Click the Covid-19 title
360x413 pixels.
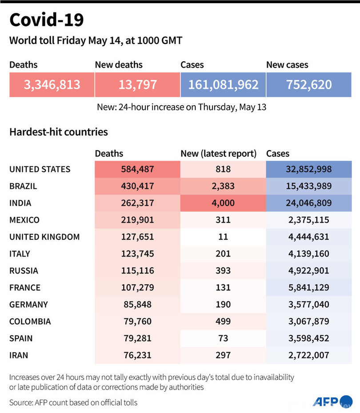tap(46, 20)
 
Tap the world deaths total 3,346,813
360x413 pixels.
tap(52, 84)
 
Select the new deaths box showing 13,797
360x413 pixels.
tap(137, 84)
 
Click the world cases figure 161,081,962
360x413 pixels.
tap(223, 84)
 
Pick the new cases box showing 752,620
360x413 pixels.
tap(309, 84)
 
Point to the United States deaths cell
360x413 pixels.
tap(137, 169)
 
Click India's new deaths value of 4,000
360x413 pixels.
tap(223, 203)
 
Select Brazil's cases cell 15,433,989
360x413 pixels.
tap(309, 186)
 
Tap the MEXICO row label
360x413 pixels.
tap(24, 220)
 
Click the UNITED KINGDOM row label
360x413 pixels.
tap(44, 237)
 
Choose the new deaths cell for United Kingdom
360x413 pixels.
tap(223, 237)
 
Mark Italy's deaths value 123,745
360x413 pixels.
tap(137, 254)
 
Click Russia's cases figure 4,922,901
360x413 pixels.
tap(309, 270)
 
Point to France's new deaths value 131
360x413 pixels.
tap(223, 287)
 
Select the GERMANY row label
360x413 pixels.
tap(28, 304)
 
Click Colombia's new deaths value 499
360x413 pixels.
tap(223, 321)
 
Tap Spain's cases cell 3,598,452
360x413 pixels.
tap(309, 338)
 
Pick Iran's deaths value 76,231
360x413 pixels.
tap(137, 355)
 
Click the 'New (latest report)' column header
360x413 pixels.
tap(219, 154)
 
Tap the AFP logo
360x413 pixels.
tap(326, 401)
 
